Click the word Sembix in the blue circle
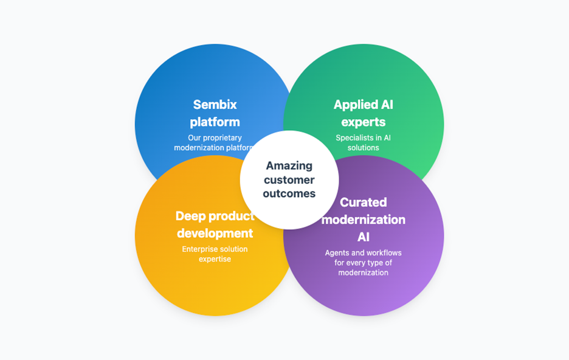click(215, 105)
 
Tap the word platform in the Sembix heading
click(215, 122)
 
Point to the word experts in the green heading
click(363, 122)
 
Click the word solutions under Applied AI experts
click(363, 148)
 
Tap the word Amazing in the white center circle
click(289, 165)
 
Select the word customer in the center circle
click(289, 179)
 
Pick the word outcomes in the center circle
click(289, 193)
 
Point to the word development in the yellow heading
click(215, 233)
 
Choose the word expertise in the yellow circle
click(215, 259)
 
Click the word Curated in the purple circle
click(363, 202)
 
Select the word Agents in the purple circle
click(339, 252)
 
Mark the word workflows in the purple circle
click(383, 252)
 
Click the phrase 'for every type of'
click(363, 263)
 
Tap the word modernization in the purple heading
click(363, 219)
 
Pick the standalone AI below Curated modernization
click(363, 237)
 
